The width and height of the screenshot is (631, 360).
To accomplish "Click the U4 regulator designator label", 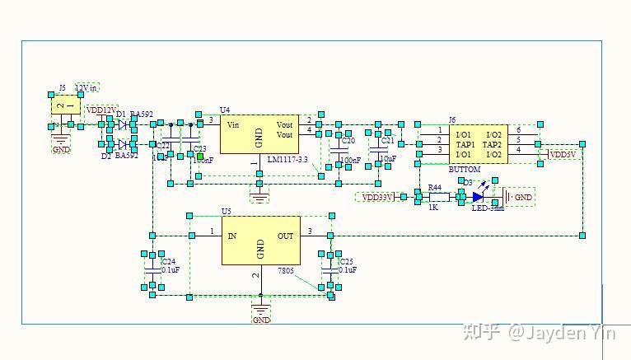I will pyautogui.click(x=225, y=110).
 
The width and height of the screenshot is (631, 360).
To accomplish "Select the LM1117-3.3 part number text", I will pyautogui.click(x=287, y=160).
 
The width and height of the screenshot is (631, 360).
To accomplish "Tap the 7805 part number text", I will pyautogui.click(x=286, y=270).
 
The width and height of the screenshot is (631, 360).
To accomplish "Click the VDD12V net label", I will pyautogui.click(x=102, y=110).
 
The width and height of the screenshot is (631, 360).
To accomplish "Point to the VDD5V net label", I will pyautogui.click(x=563, y=155).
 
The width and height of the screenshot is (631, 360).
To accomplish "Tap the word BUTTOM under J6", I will pyautogui.click(x=465, y=168).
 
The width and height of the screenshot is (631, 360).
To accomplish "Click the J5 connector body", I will pyautogui.click(x=65, y=105).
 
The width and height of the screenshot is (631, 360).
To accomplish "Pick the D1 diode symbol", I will pyautogui.click(x=124, y=124).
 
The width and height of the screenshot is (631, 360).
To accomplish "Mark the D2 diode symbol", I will pyautogui.click(x=124, y=144).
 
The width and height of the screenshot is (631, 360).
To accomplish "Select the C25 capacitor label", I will pyautogui.click(x=346, y=261).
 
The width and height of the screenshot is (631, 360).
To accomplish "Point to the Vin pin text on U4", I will pyautogui.click(x=233, y=125).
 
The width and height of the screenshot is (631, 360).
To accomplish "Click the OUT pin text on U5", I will pyautogui.click(x=285, y=236).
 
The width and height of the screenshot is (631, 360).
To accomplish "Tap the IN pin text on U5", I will pyautogui.click(x=232, y=236).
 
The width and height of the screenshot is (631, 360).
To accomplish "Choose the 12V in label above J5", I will pyautogui.click(x=86, y=86).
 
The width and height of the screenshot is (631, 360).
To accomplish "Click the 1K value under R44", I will pyautogui.click(x=433, y=208).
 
